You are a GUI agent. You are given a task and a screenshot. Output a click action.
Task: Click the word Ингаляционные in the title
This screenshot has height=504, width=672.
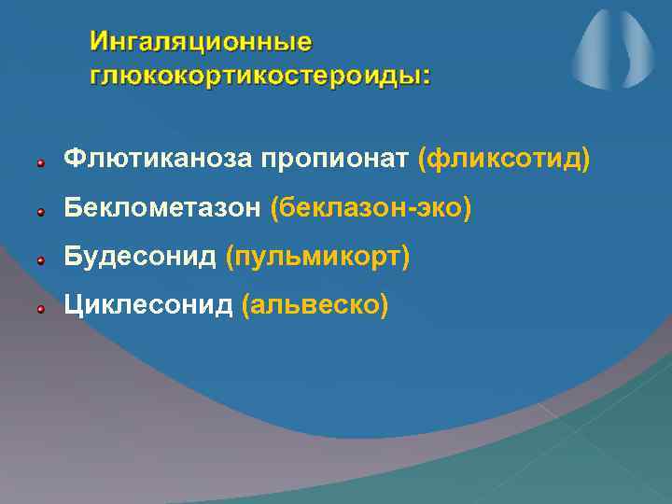point(201,42)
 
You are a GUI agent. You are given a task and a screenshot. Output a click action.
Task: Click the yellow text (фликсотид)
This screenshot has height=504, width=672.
point(504,160)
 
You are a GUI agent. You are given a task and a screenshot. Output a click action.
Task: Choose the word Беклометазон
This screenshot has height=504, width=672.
point(162,208)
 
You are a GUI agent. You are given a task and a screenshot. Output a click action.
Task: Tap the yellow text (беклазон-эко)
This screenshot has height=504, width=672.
point(371,208)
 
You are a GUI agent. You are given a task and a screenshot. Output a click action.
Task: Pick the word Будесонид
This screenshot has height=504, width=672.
point(140,256)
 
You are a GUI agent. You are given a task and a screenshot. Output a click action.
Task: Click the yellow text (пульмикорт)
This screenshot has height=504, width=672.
point(317,257)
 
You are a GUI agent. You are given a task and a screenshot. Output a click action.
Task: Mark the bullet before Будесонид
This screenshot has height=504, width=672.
point(41,260)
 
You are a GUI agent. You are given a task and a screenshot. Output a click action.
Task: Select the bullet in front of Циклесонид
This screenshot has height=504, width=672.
point(41,308)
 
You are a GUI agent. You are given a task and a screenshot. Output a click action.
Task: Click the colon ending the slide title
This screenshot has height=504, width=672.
point(427,77)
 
